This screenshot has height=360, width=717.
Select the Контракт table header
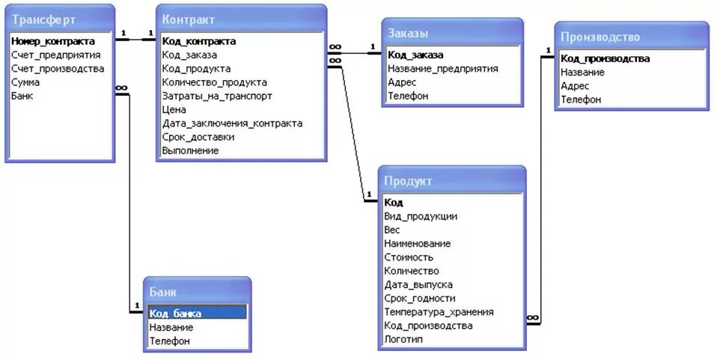point(189,19)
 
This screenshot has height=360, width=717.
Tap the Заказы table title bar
point(408,33)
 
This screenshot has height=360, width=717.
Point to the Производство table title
point(600,37)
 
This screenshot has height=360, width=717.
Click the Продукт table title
point(408,181)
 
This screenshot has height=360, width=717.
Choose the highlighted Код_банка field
point(175,314)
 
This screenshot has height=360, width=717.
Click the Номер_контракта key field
point(53,41)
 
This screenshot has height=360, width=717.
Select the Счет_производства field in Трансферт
point(58,69)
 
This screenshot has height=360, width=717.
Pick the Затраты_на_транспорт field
point(217,96)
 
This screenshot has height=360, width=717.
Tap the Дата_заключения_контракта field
point(232,123)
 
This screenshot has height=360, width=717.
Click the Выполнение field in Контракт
point(190,150)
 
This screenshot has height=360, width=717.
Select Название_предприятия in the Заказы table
point(442,69)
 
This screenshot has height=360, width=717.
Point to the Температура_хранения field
point(439,312)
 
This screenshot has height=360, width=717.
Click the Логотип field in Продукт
point(403,339)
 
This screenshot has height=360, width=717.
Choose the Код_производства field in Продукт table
point(428,326)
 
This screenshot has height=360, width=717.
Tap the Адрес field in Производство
point(575,86)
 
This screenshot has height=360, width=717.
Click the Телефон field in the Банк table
point(169,341)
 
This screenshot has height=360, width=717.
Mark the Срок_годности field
point(419,298)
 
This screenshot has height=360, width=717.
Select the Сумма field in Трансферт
point(25,82)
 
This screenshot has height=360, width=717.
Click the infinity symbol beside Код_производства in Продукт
point(532,319)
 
